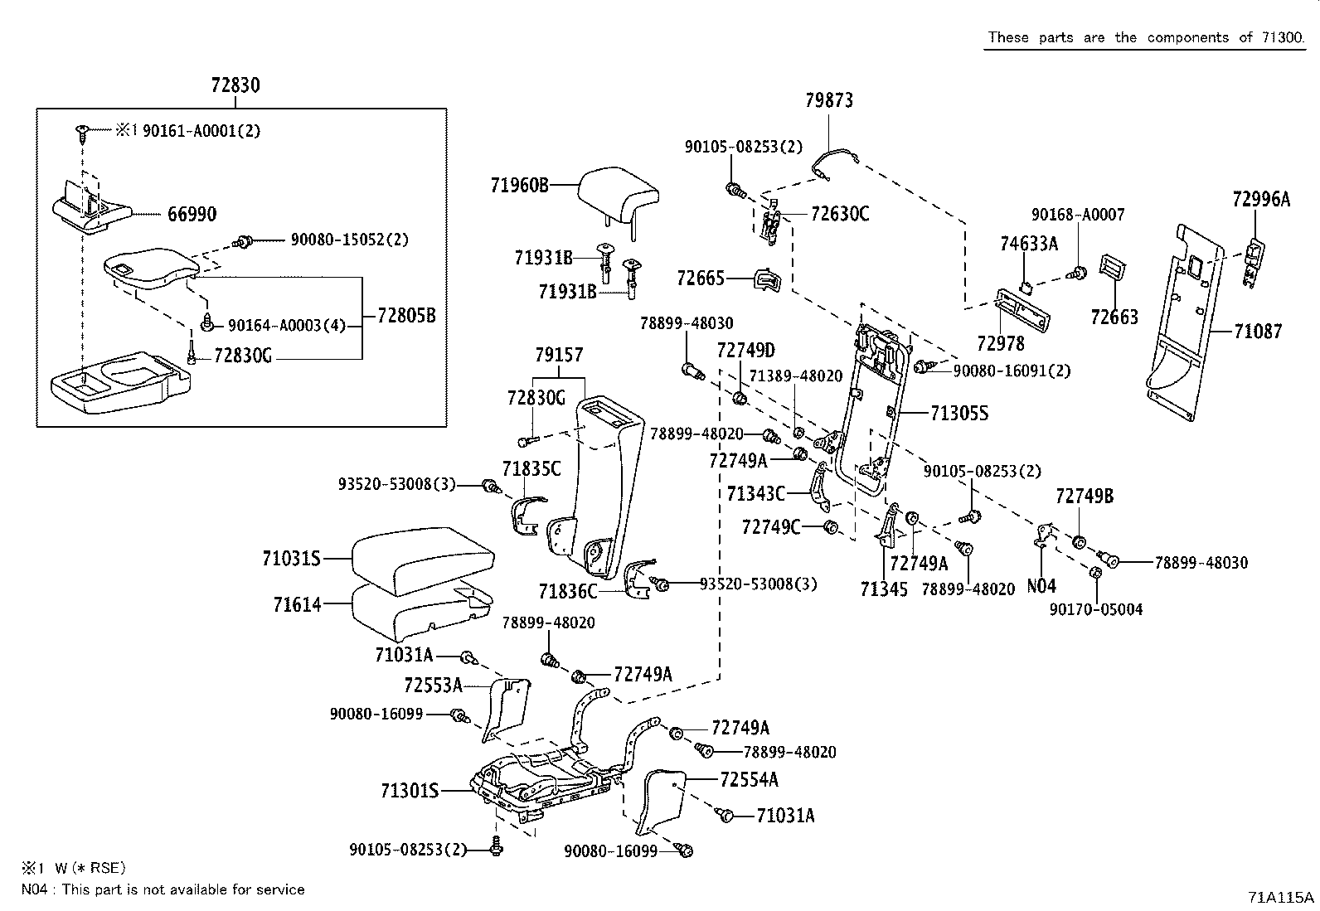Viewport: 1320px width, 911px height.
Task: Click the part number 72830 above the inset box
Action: coord(235,85)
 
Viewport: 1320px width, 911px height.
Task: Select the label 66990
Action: coord(192,214)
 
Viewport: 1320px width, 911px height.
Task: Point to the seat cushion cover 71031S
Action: coord(423,560)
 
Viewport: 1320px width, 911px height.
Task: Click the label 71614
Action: coord(297,604)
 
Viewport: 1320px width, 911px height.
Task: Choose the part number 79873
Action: coord(828,101)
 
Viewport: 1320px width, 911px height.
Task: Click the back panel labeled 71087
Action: coord(1186,323)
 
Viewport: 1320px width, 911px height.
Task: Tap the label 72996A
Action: coord(1261,200)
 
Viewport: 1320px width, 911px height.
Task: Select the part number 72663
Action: coord(1114,317)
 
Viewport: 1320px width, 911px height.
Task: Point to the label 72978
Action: coord(1001,343)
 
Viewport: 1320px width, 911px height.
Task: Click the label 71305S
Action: coord(958,414)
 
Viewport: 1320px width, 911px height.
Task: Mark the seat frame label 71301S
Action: coord(410,791)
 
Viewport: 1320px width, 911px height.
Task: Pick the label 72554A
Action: coord(749,780)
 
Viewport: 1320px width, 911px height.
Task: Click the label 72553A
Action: coord(433,686)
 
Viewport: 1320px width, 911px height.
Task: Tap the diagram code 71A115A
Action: coord(1280,897)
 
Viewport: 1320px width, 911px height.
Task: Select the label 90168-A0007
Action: coord(1078,215)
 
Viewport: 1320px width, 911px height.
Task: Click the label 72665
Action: coord(700,279)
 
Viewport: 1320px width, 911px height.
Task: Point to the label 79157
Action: coord(559,355)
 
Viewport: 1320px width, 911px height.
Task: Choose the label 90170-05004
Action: coord(1095,609)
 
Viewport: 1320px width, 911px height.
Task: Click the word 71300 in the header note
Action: coord(1283,37)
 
